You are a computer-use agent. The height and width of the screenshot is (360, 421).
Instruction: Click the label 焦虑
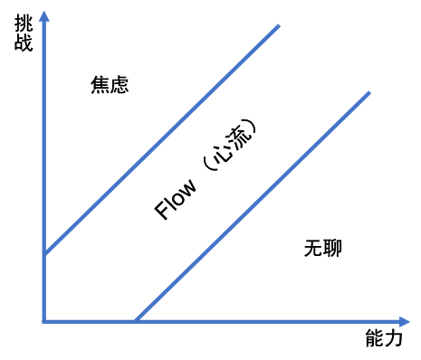pyautogui.click(x=110, y=85)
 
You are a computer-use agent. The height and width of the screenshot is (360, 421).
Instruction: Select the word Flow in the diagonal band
pyautogui.click(x=174, y=199)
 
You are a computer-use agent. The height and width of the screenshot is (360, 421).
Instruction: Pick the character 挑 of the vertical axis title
pyautogui.click(x=24, y=25)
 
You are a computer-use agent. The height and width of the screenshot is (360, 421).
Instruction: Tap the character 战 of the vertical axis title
pyautogui.click(x=24, y=43)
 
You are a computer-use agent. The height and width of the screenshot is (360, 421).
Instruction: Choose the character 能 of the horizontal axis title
pyautogui.click(x=374, y=340)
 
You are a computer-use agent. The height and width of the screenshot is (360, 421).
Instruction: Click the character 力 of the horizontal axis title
pyautogui.click(x=393, y=340)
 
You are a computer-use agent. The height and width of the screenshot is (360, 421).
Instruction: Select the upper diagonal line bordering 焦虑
pyautogui.click(x=163, y=137)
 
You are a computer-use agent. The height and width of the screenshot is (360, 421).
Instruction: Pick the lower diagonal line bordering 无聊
pyautogui.click(x=254, y=206)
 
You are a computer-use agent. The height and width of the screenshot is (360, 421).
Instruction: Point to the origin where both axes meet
pyautogui.click(x=43, y=322)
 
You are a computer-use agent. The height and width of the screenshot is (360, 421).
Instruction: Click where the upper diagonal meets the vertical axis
pyautogui.click(x=43, y=252)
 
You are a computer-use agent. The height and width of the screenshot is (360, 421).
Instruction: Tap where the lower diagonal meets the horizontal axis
pyautogui.click(x=135, y=322)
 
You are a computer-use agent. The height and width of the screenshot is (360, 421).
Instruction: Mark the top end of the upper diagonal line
pyautogui.click(x=278, y=24)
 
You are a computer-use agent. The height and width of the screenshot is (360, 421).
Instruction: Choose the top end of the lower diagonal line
pyautogui.click(x=369, y=92)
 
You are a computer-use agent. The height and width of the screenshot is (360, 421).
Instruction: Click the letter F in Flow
pyautogui.click(x=162, y=212)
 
